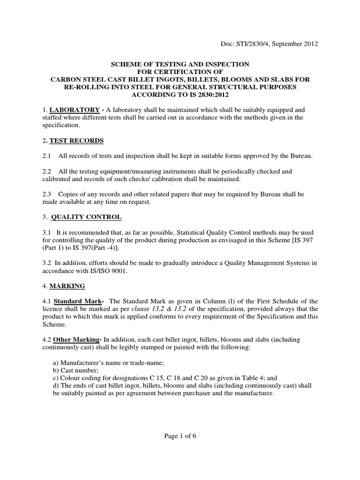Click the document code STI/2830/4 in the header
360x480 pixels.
(253, 44)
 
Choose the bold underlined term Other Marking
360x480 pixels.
(78, 339)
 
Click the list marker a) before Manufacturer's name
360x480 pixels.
(55, 362)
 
